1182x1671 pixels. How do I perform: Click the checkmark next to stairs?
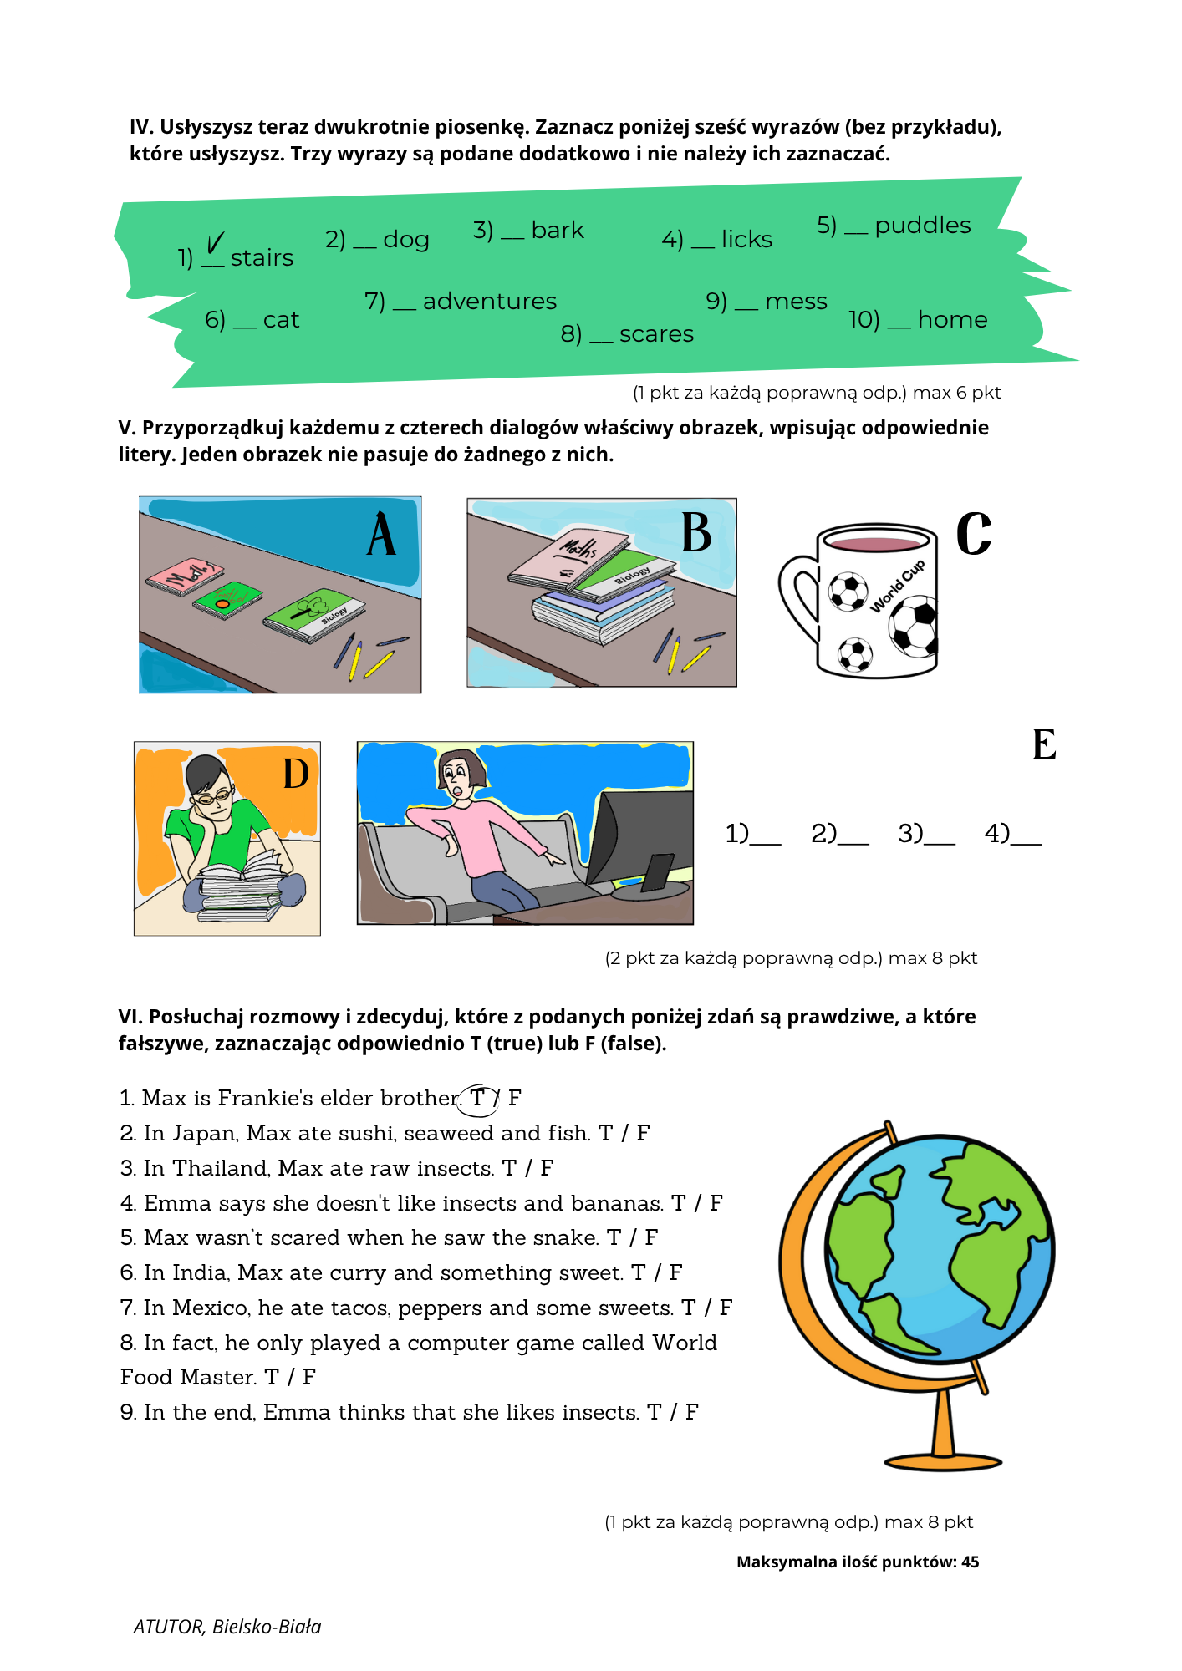tap(215, 244)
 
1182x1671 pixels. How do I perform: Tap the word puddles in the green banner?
tap(922, 226)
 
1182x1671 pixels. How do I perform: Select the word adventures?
tap(489, 302)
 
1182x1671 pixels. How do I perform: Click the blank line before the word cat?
tap(244, 326)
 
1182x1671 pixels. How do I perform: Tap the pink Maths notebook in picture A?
tap(184, 576)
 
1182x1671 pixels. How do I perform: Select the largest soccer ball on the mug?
tap(914, 625)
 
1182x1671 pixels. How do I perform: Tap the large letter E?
tap(1044, 744)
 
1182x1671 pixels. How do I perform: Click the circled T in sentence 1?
tap(478, 1098)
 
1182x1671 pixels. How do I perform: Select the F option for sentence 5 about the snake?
tap(651, 1237)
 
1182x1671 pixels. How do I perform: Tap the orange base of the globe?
tap(943, 1461)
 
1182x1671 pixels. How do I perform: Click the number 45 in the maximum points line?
tap(970, 1562)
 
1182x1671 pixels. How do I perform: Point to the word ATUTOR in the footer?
tap(168, 1627)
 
